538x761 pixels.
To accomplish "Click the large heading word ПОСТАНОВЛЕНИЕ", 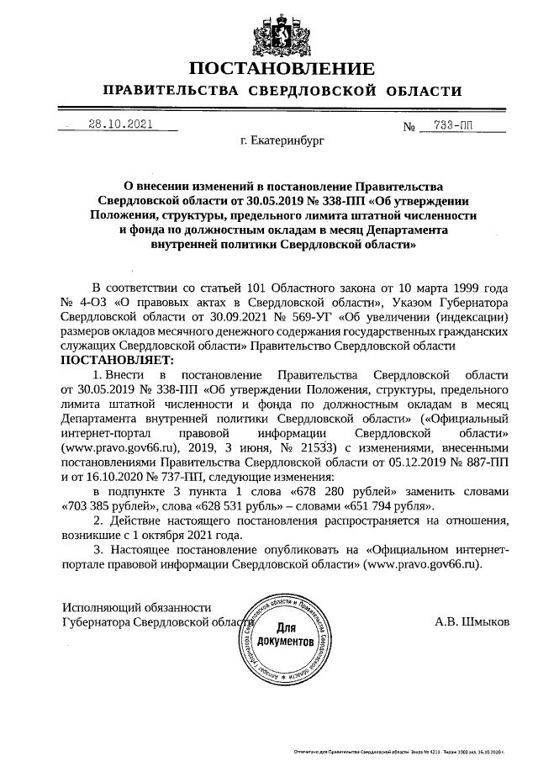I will [282, 68].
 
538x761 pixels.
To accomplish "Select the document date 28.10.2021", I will [121, 124].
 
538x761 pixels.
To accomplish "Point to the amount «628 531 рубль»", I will [254, 505].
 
